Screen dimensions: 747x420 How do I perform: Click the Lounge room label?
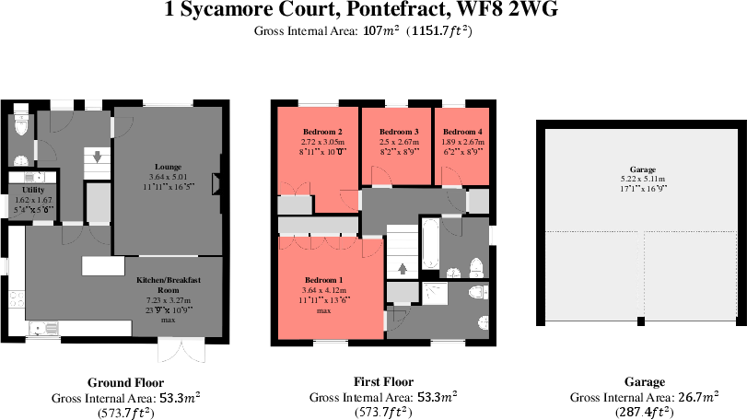[168, 167]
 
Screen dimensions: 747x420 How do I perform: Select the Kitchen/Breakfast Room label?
[168, 284]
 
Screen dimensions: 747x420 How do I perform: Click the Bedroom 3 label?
[399, 132]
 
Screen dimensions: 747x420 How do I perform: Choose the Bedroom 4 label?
[463, 132]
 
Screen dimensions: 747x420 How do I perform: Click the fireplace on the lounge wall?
[217, 184]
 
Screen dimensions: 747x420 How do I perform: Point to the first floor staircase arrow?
[401, 269]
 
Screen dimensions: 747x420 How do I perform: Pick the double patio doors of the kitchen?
[179, 351]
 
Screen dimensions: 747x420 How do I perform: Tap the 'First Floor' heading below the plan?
[383, 381]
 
